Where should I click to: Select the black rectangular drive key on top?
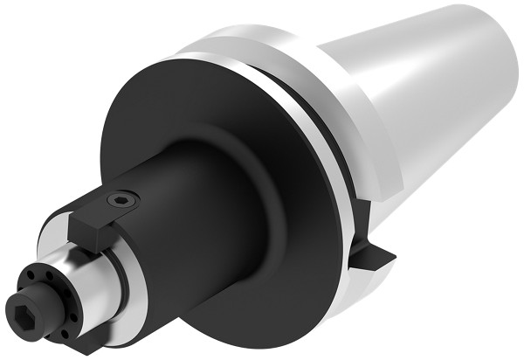105,218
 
